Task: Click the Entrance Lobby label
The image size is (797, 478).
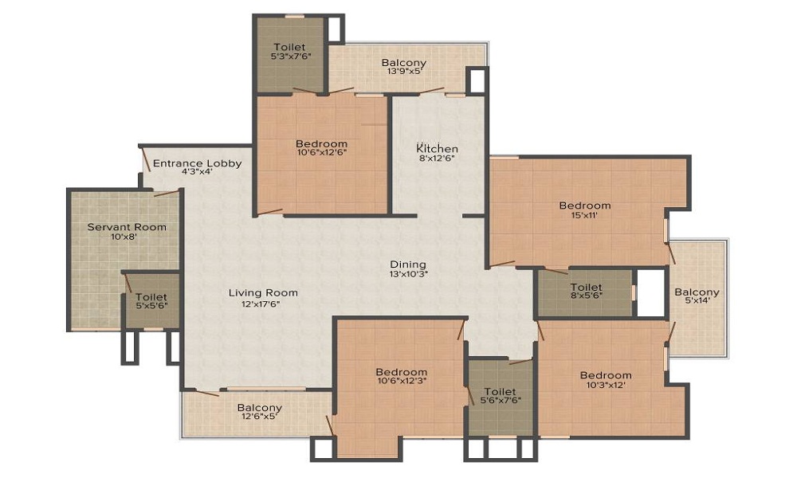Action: (x=197, y=163)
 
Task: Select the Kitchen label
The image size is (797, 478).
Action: (x=438, y=149)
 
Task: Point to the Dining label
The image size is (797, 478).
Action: (x=408, y=264)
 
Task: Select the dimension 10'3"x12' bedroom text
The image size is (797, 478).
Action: (x=606, y=386)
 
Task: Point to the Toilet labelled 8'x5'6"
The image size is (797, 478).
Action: (x=586, y=288)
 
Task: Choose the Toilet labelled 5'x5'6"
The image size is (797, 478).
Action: (x=151, y=297)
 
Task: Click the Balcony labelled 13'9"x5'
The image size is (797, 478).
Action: (x=403, y=63)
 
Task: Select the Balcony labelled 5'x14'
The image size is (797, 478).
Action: (x=697, y=292)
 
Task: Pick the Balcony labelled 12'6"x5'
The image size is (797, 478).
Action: (x=259, y=408)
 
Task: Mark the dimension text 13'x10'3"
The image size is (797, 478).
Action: (x=408, y=275)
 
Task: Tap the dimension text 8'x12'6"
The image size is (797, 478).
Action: (x=438, y=159)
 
